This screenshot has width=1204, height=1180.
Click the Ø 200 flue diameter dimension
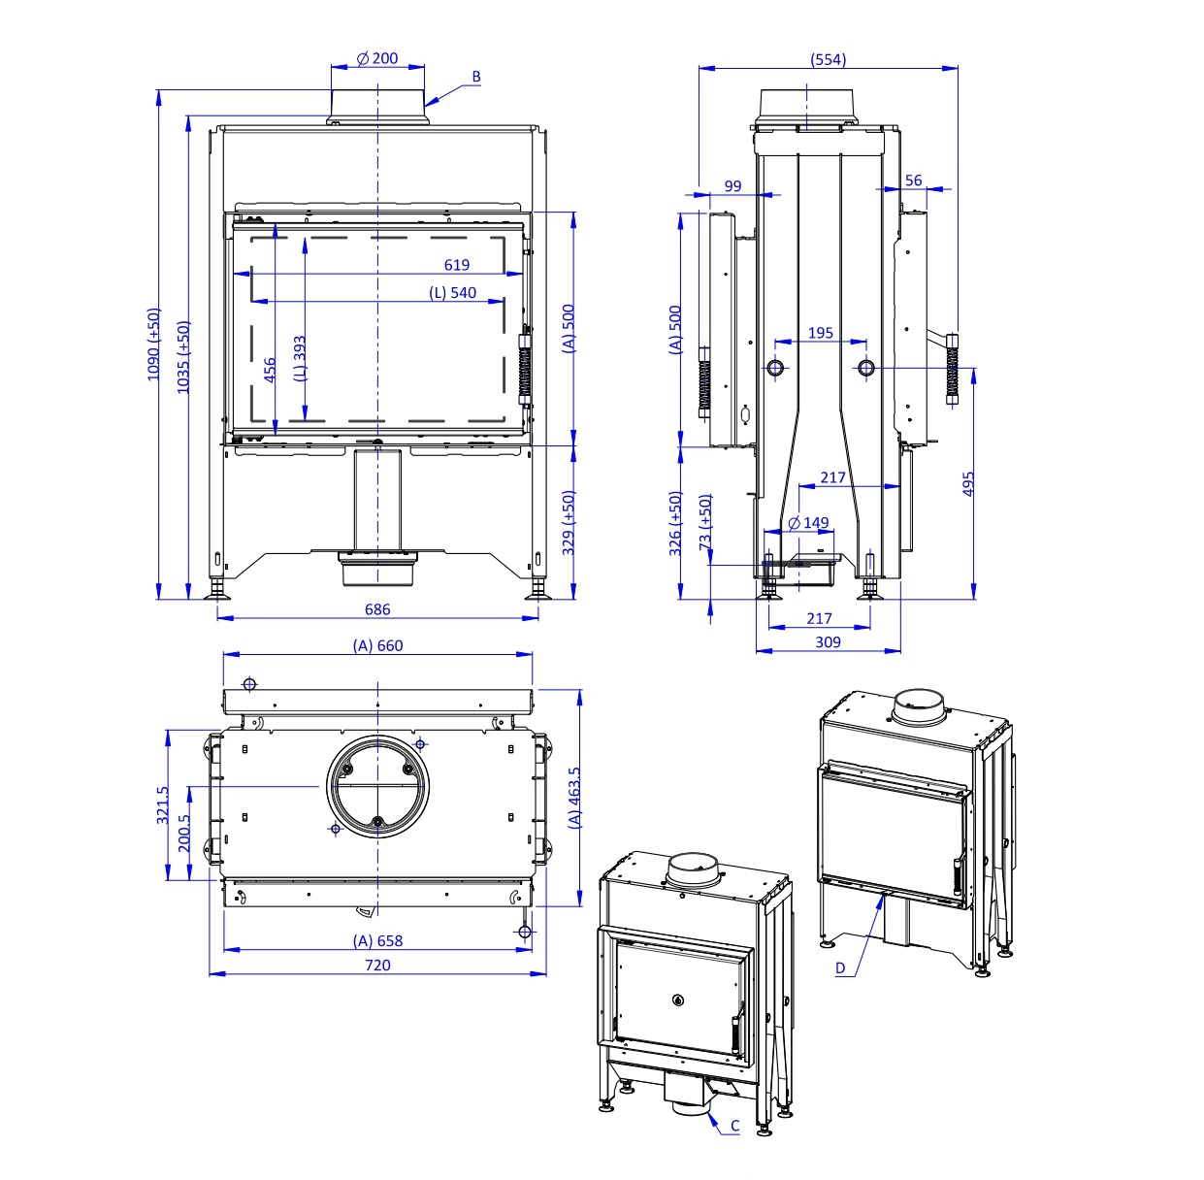pyautogui.click(x=377, y=58)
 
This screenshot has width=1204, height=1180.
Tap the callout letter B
pyautogui.click(x=476, y=77)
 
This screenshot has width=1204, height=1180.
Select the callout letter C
pyautogui.click(x=734, y=1126)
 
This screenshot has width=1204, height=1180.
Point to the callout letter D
pyautogui.click(x=840, y=967)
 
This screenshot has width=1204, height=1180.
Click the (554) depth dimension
pyautogui.click(x=828, y=59)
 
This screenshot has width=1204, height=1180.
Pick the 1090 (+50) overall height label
pyautogui.click(x=154, y=344)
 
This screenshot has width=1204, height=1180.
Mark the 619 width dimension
pyautogui.click(x=456, y=265)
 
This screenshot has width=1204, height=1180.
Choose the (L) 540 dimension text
pyautogui.click(x=453, y=292)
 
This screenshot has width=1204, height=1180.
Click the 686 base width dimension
pyautogui.click(x=377, y=609)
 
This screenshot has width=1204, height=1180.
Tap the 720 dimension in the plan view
pyautogui.click(x=377, y=965)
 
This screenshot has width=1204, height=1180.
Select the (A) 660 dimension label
pyautogui.click(x=377, y=645)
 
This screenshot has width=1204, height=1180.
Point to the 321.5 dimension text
pyautogui.click(x=162, y=804)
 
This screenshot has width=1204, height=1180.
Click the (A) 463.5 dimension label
pyautogui.click(x=575, y=797)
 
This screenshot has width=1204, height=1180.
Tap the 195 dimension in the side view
pyautogui.click(x=820, y=333)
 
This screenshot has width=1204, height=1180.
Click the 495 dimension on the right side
pyautogui.click(x=968, y=484)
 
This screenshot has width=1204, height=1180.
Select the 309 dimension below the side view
pyautogui.click(x=828, y=641)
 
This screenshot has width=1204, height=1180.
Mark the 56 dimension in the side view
pyautogui.click(x=913, y=180)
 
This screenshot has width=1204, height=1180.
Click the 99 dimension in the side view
pyautogui.click(x=732, y=186)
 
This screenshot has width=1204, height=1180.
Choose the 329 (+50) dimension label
pyautogui.click(x=569, y=522)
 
